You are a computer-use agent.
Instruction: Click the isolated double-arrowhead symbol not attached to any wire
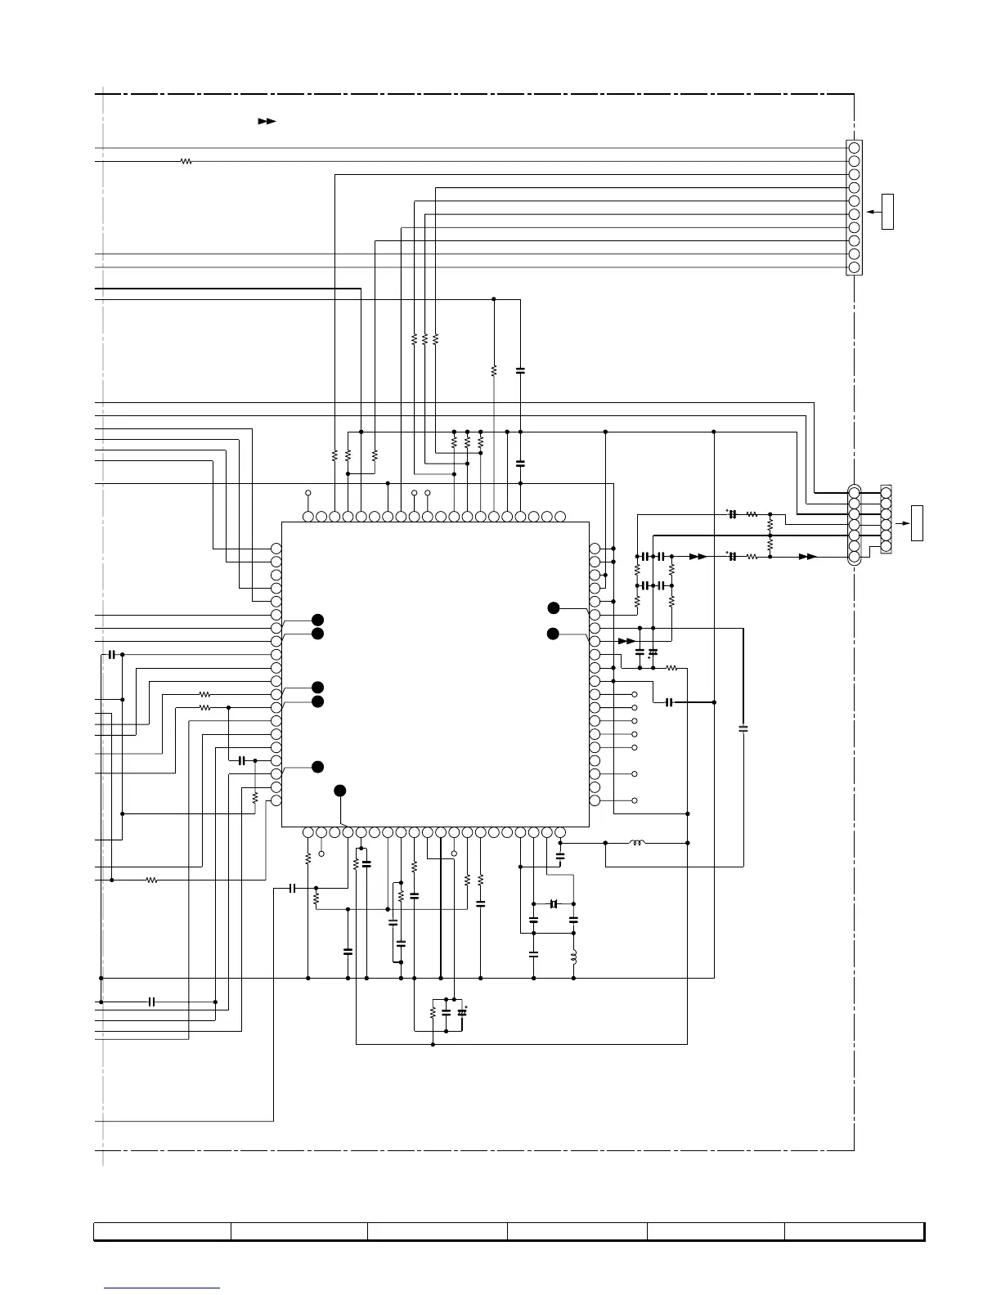pyautogui.click(x=267, y=121)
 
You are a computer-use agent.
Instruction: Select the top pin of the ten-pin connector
pyautogui.click(x=854, y=148)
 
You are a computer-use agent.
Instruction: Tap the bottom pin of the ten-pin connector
pyautogui.click(x=854, y=267)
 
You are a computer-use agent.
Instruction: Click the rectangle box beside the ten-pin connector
pyautogui.click(x=887, y=212)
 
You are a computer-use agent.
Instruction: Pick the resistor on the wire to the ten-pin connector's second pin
pyautogui.click(x=186, y=162)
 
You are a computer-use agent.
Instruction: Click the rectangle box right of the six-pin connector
pyautogui.click(x=918, y=523)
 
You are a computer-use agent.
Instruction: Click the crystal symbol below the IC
pyautogui.click(x=554, y=903)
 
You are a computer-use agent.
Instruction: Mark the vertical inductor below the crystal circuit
pyautogui.click(x=573, y=957)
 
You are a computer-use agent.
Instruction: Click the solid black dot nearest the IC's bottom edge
pyautogui.click(x=340, y=790)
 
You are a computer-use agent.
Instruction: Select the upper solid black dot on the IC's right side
pyautogui.click(x=554, y=607)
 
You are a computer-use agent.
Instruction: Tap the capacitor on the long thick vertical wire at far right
pyautogui.click(x=743, y=727)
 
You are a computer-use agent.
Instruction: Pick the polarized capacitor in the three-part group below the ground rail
pyautogui.click(x=461, y=1012)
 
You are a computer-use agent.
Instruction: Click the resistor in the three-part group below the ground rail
pyautogui.click(x=433, y=1012)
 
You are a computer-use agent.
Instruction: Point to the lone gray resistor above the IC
pyautogui.click(x=494, y=370)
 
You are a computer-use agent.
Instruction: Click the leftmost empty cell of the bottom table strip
pyautogui.click(x=162, y=1231)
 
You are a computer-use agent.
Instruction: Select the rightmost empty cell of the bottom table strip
pyautogui.click(x=854, y=1231)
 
